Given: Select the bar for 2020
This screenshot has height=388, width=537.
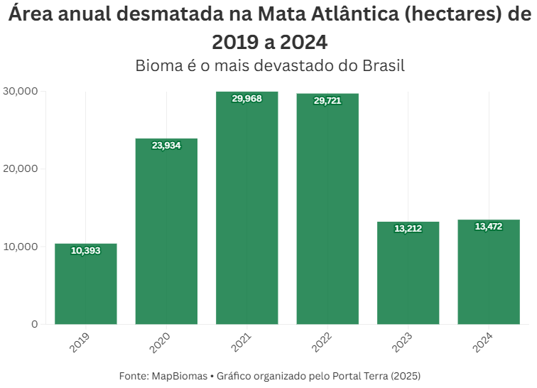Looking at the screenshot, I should pos(166,235).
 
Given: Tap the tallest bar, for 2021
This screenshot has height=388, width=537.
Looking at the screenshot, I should pos(247,213).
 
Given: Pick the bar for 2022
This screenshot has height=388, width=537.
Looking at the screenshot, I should pos(327,213).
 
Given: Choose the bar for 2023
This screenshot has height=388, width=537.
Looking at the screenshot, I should pos(408,277).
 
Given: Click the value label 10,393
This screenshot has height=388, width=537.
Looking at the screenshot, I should pos(86,250).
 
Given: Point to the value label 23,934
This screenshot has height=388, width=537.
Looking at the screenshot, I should pos(166,145).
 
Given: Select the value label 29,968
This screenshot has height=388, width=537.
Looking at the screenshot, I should pos(247,99).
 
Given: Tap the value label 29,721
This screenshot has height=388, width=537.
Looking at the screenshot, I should pos(327,100).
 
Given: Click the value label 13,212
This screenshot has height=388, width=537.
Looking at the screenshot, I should pos(408,229).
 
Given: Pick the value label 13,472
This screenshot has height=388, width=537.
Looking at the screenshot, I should pos(489,227).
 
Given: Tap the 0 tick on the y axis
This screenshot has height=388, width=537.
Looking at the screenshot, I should pos(34,324).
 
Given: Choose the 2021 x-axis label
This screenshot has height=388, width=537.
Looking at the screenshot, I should pos(241,342).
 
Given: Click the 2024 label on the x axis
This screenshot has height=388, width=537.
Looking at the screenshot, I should pos(482,342).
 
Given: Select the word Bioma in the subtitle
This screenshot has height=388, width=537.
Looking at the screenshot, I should pos(158,66).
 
